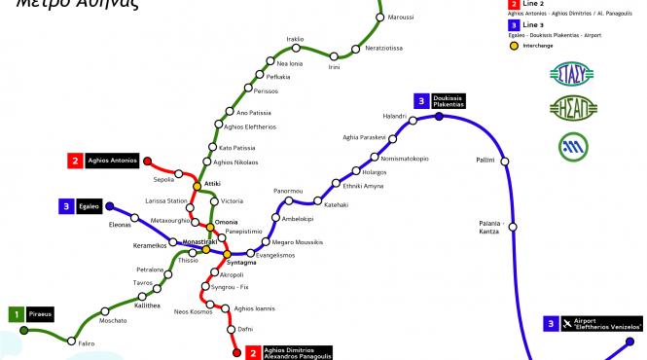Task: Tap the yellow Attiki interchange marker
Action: (x=197, y=185)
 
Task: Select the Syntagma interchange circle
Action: (x=220, y=254)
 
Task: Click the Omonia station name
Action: (x=226, y=223)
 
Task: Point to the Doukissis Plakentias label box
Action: (x=449, y=101)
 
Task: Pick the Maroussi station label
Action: (x=400, y=18)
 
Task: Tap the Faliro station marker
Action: (x=72, y=340)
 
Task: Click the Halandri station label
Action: (x=368, y=117)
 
